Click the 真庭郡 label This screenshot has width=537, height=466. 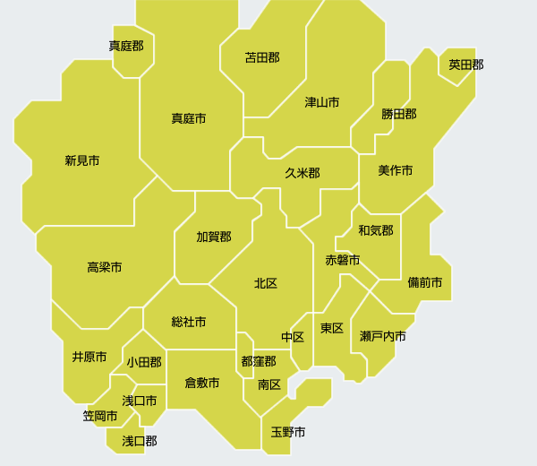[x=126, y=46]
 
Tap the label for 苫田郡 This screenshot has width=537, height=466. [x=262, y=57]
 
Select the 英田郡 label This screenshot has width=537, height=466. [x=466, y=65]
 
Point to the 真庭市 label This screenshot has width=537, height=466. [x=189, y=118]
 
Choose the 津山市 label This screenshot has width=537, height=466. [x=322, y=102]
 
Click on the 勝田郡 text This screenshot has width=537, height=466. [x=399, y=114]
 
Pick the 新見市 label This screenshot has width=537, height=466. [x=82, y=160]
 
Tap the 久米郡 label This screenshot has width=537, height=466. [x=303, y=173]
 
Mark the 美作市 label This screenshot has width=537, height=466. [x=396, y=170]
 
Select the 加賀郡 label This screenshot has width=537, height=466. [x=214, y=237]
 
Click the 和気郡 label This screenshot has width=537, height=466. [x=376, y=230]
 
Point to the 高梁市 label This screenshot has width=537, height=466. [x=105, y=267]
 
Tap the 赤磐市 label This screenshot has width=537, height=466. [x=343, y=260]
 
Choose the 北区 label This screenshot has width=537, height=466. [x=266, y=283]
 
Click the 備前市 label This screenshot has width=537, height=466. [x=425, y=282]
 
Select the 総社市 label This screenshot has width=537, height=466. [x=189, y=321]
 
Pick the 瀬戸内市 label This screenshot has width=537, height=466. [x=383, y=336]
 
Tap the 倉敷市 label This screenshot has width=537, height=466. [x=202, y=383]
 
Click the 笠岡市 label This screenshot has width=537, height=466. [x=100, y=416]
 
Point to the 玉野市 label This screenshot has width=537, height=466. [x=288, y=432]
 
